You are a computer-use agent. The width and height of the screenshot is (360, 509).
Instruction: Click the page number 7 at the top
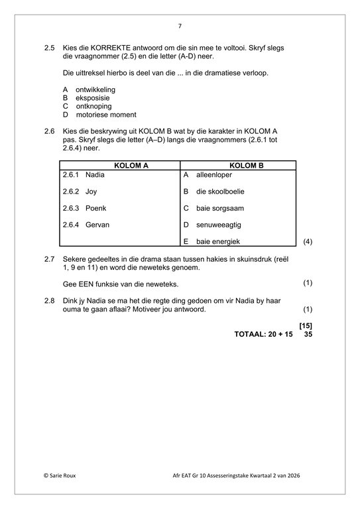[180, 26]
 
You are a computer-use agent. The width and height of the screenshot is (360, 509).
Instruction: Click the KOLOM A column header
[119, 165]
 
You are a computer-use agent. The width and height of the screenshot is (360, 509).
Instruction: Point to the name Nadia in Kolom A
[95, 175]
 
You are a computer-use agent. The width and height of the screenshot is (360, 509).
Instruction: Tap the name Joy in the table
[91, 192]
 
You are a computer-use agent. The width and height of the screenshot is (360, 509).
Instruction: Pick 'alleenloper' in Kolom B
[214, 175]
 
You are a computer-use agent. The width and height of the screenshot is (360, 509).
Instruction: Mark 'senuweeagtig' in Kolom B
[217, 225]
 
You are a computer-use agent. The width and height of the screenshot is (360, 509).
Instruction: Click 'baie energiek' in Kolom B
[217, 241]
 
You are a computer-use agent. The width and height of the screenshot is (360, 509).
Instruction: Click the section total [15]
[306, 325]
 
